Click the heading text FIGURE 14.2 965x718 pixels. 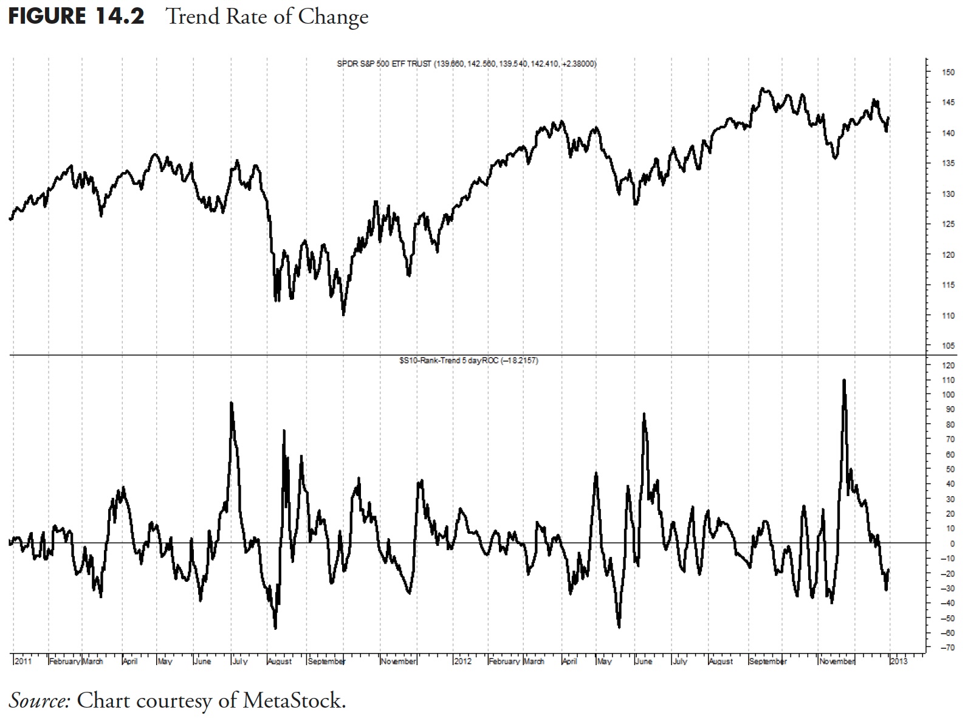77,16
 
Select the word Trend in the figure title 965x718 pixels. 192,16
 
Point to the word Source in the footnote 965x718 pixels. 40,701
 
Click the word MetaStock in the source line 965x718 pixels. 294,701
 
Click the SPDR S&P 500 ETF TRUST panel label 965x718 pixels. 466,64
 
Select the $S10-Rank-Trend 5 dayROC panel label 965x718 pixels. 468,361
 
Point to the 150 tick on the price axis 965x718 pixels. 948,72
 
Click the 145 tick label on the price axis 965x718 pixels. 948,103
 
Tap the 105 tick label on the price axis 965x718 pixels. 948,346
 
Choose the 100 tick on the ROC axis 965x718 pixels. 948,395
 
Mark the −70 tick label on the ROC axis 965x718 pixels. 947,648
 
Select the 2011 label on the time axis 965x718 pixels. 23,661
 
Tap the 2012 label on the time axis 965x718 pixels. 463,661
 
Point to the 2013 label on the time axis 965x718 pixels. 899,661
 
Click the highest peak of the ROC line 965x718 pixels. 843,381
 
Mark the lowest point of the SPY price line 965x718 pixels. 343,314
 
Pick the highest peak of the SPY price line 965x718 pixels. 763,89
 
